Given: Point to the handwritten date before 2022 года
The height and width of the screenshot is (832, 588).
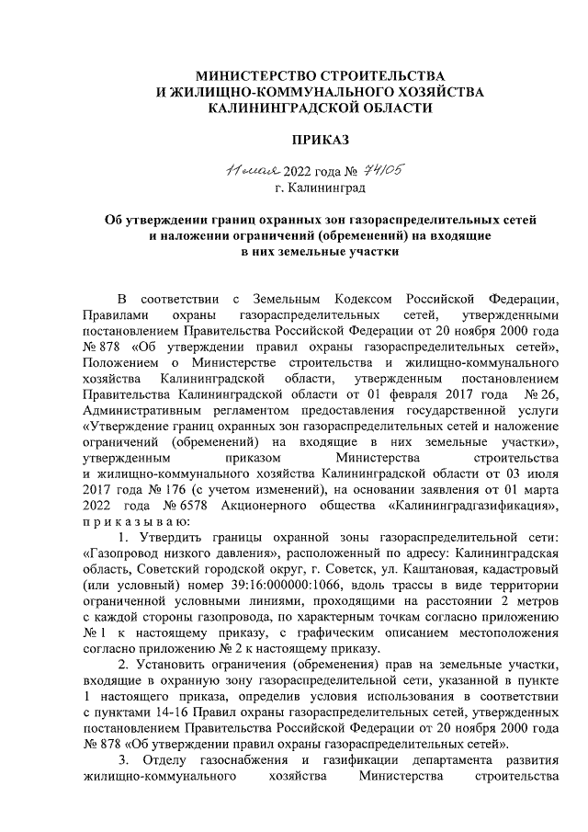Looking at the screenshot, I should tap(236, 171).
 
